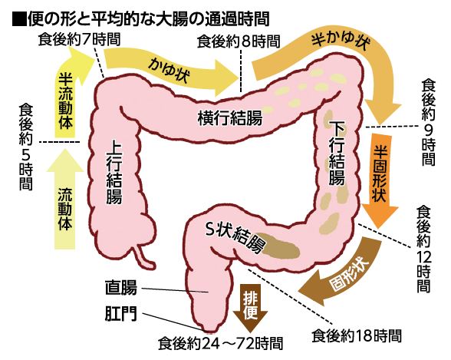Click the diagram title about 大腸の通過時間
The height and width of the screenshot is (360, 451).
point(141,19)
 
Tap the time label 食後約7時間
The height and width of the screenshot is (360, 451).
point(79,39)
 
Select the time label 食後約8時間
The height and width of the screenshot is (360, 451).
point(239,41)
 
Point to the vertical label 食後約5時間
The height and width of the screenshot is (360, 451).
point(26,147)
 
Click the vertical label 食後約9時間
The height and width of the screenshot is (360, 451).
point(429,122)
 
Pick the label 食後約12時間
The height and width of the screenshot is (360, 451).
point(423,249)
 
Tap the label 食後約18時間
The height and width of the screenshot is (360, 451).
point(357,335)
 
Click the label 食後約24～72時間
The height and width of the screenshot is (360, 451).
point(221,343)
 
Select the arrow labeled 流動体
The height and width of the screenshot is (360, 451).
point(65,200)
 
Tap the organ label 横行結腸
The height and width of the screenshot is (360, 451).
point(230,118)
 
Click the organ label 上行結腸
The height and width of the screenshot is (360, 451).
point(114,174)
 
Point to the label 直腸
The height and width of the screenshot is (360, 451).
point(121,289)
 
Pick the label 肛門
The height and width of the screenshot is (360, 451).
point(121,314)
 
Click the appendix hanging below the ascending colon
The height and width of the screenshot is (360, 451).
point(145,256)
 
